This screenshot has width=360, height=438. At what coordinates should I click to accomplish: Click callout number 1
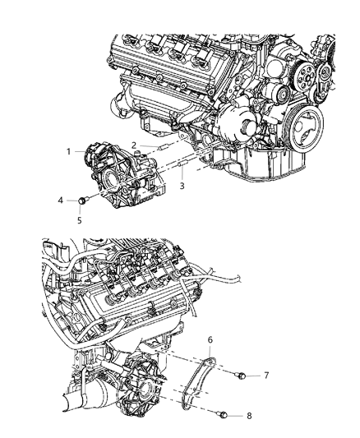click(x=71, y=152)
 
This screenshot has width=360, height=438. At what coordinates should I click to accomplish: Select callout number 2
click(x=134, y=145)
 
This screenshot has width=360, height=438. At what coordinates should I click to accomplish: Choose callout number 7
click(x=265, y=376)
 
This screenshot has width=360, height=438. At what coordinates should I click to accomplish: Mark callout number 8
click(x=262, y=417)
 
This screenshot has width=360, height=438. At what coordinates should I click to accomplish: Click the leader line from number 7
click(x=252, y=376)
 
